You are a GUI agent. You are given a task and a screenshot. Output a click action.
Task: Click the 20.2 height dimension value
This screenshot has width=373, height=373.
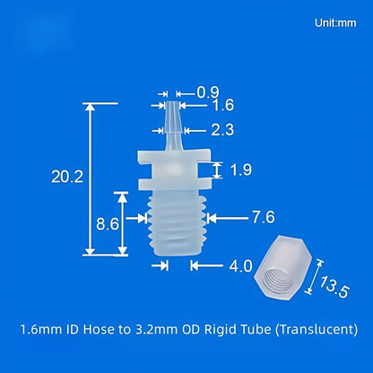pyautogui.click(x=67, y=177)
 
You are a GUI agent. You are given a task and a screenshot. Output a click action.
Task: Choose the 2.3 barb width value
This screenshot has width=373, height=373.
pyautogui.click(x=224, y=129)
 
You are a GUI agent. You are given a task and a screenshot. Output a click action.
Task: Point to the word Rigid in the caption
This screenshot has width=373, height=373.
pyautogui.click(x=214, y=328)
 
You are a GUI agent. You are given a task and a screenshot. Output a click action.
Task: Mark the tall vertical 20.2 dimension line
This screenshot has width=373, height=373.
pyautogui.click(x=89, y=179)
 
